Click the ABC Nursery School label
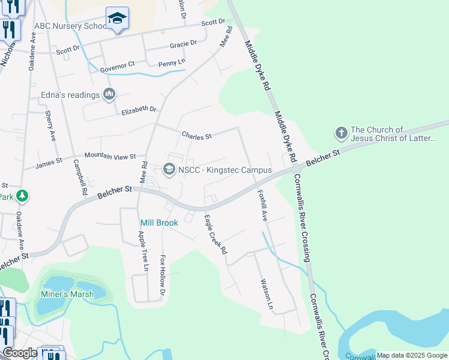point(70,26)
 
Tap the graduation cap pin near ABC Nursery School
point(117,19)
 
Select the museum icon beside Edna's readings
point(109,94)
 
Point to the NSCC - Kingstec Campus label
point(224,170)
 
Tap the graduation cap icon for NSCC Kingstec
point(169,170)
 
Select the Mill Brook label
point(159,223)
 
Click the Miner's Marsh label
point(67,294)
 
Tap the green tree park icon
point(22,196)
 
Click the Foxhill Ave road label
point(262,206)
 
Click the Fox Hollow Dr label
point(161,274)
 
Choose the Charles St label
point(197,136)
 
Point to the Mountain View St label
point(110,156)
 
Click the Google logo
point(20,353)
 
